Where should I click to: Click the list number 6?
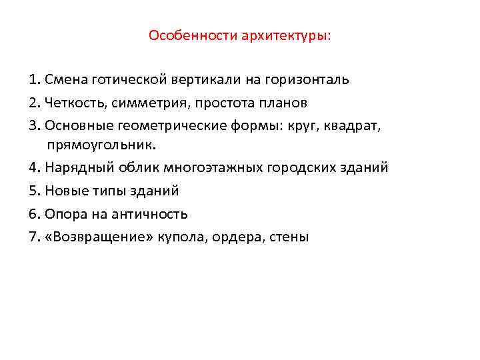[x=35, y=214]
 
